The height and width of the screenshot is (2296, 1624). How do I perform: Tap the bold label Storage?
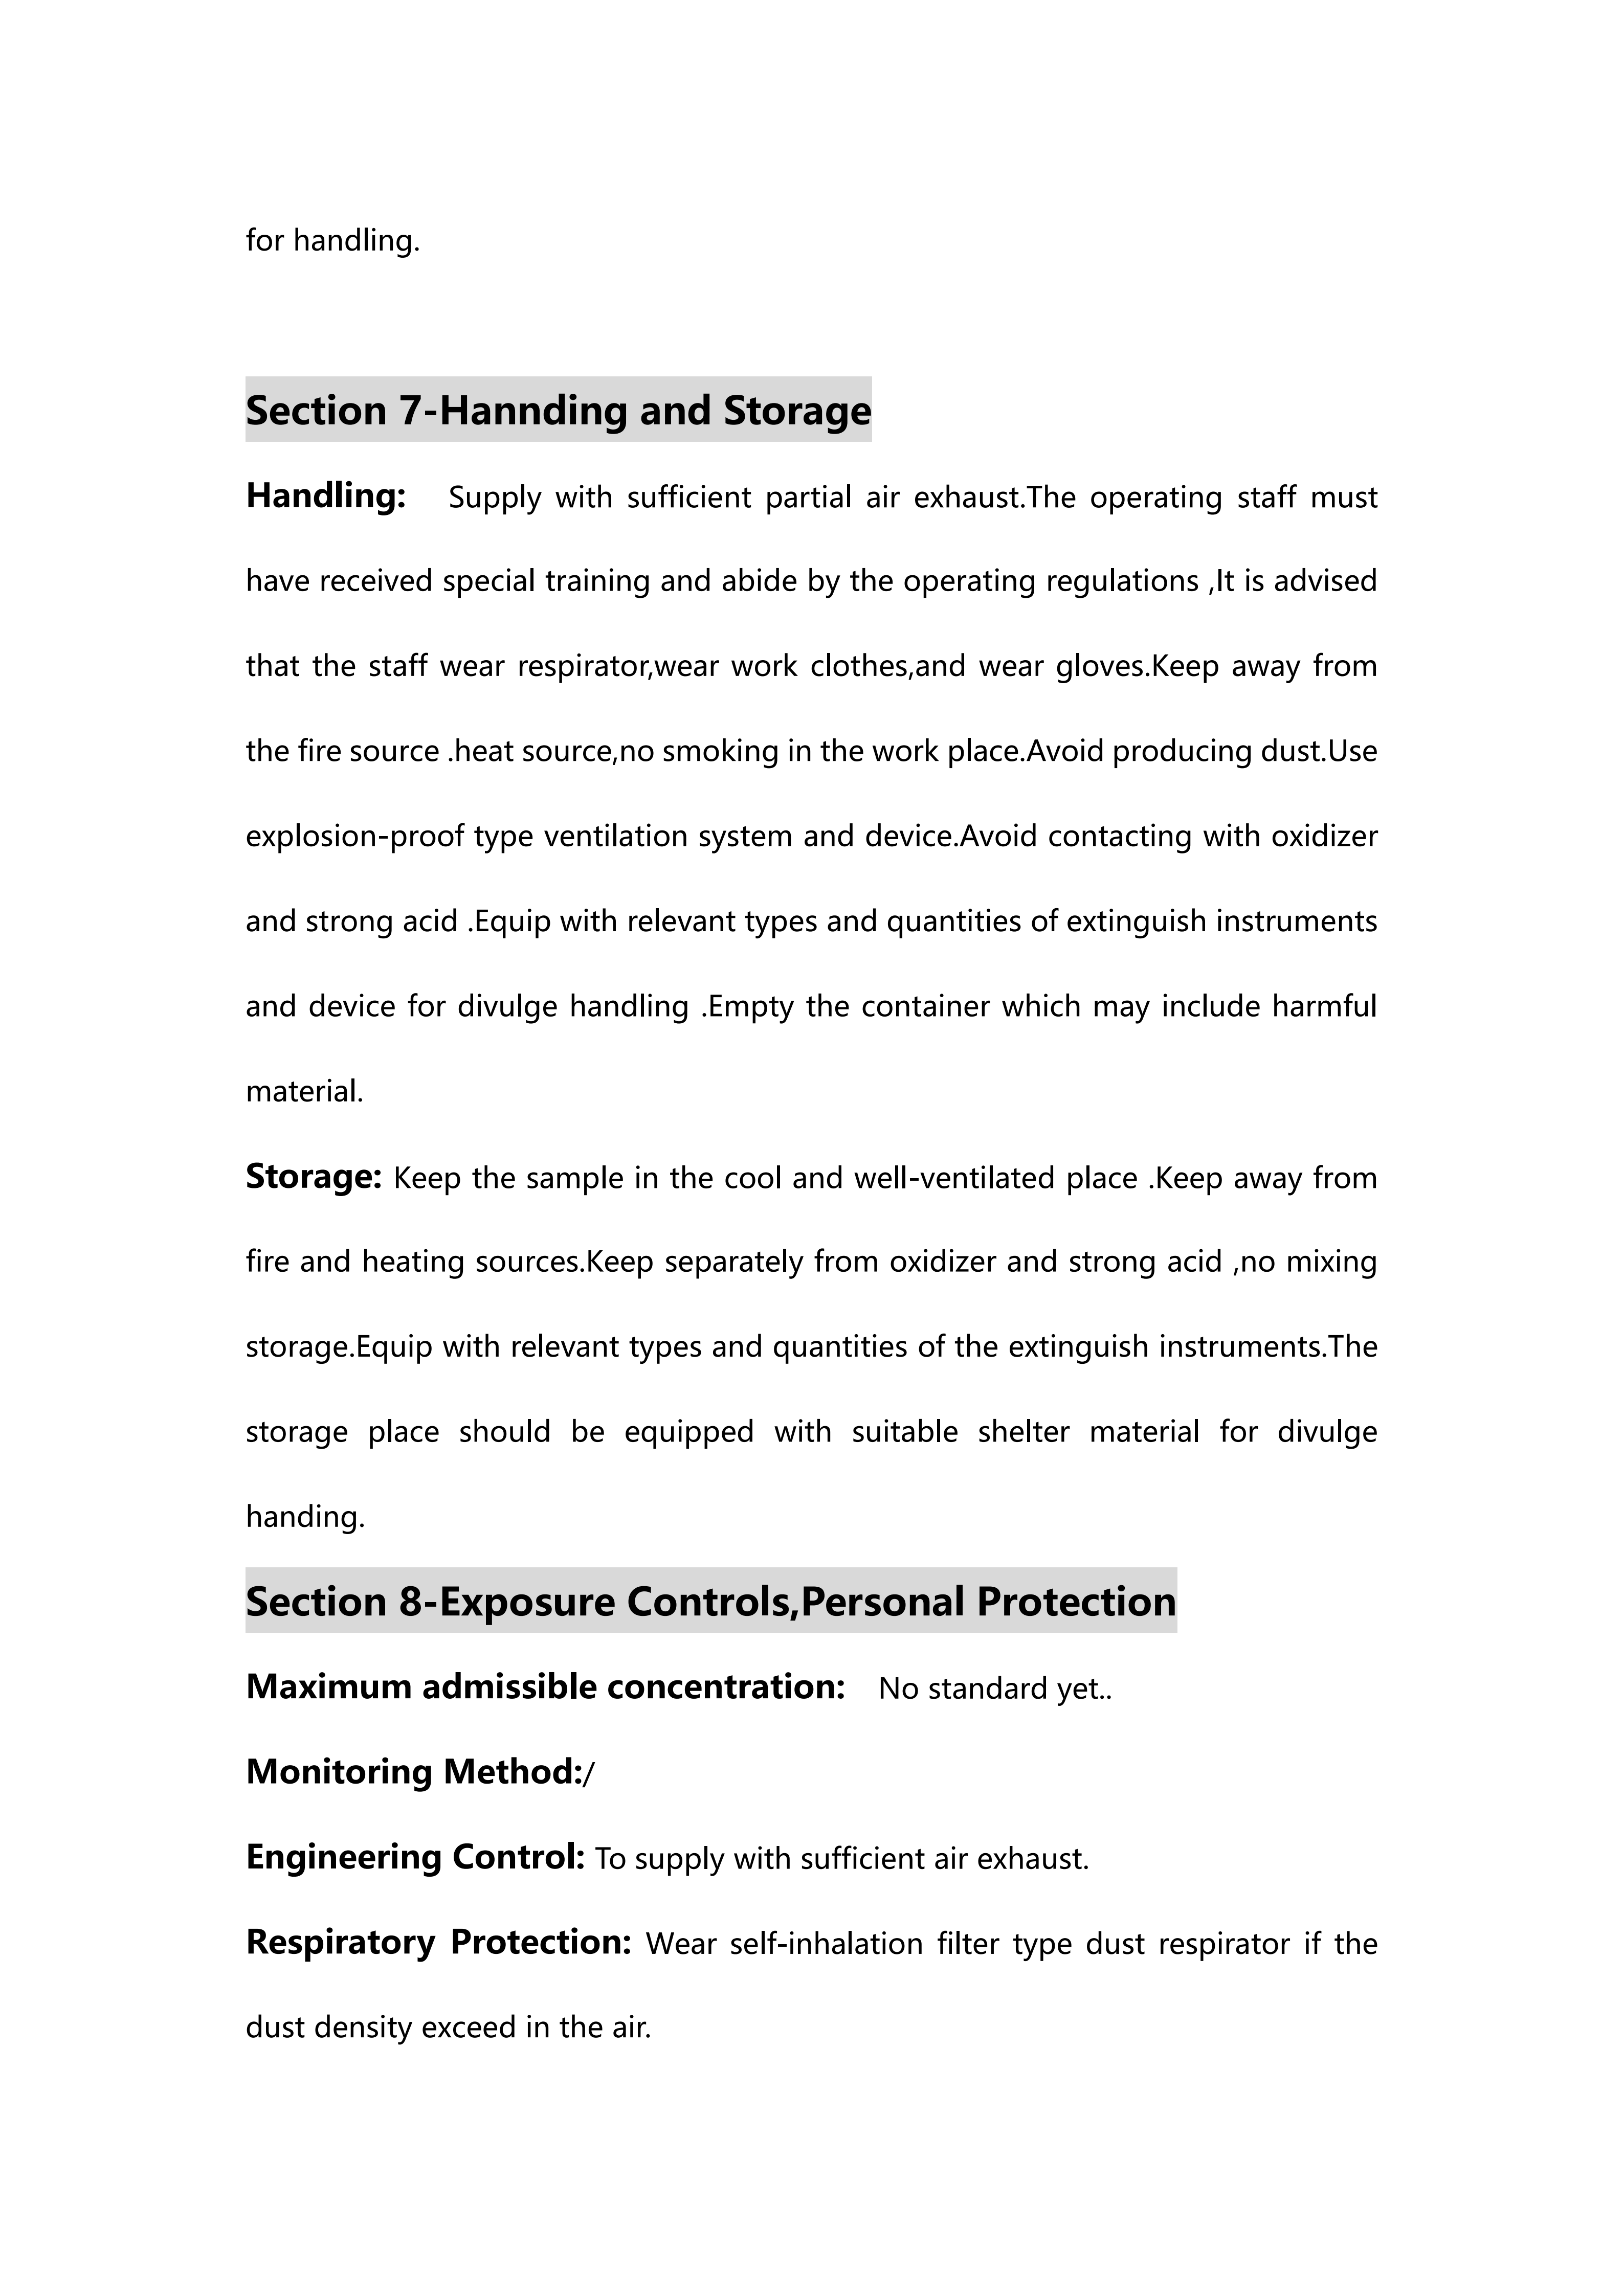tap(313, 1177)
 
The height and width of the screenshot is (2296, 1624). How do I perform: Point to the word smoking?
tap(720, 751)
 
